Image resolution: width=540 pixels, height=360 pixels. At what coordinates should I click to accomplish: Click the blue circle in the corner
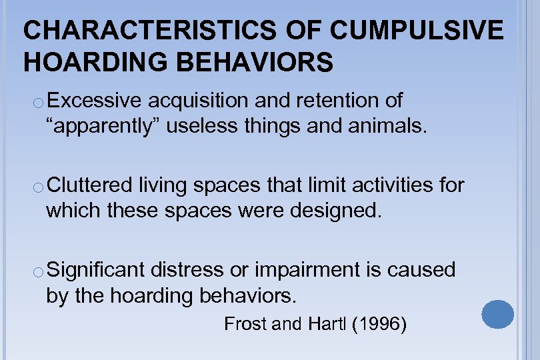pos(497,315)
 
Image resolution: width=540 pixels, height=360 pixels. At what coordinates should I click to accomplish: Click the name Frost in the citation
pos(245,325)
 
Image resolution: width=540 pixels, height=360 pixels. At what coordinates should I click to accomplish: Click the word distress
pos(191,270)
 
